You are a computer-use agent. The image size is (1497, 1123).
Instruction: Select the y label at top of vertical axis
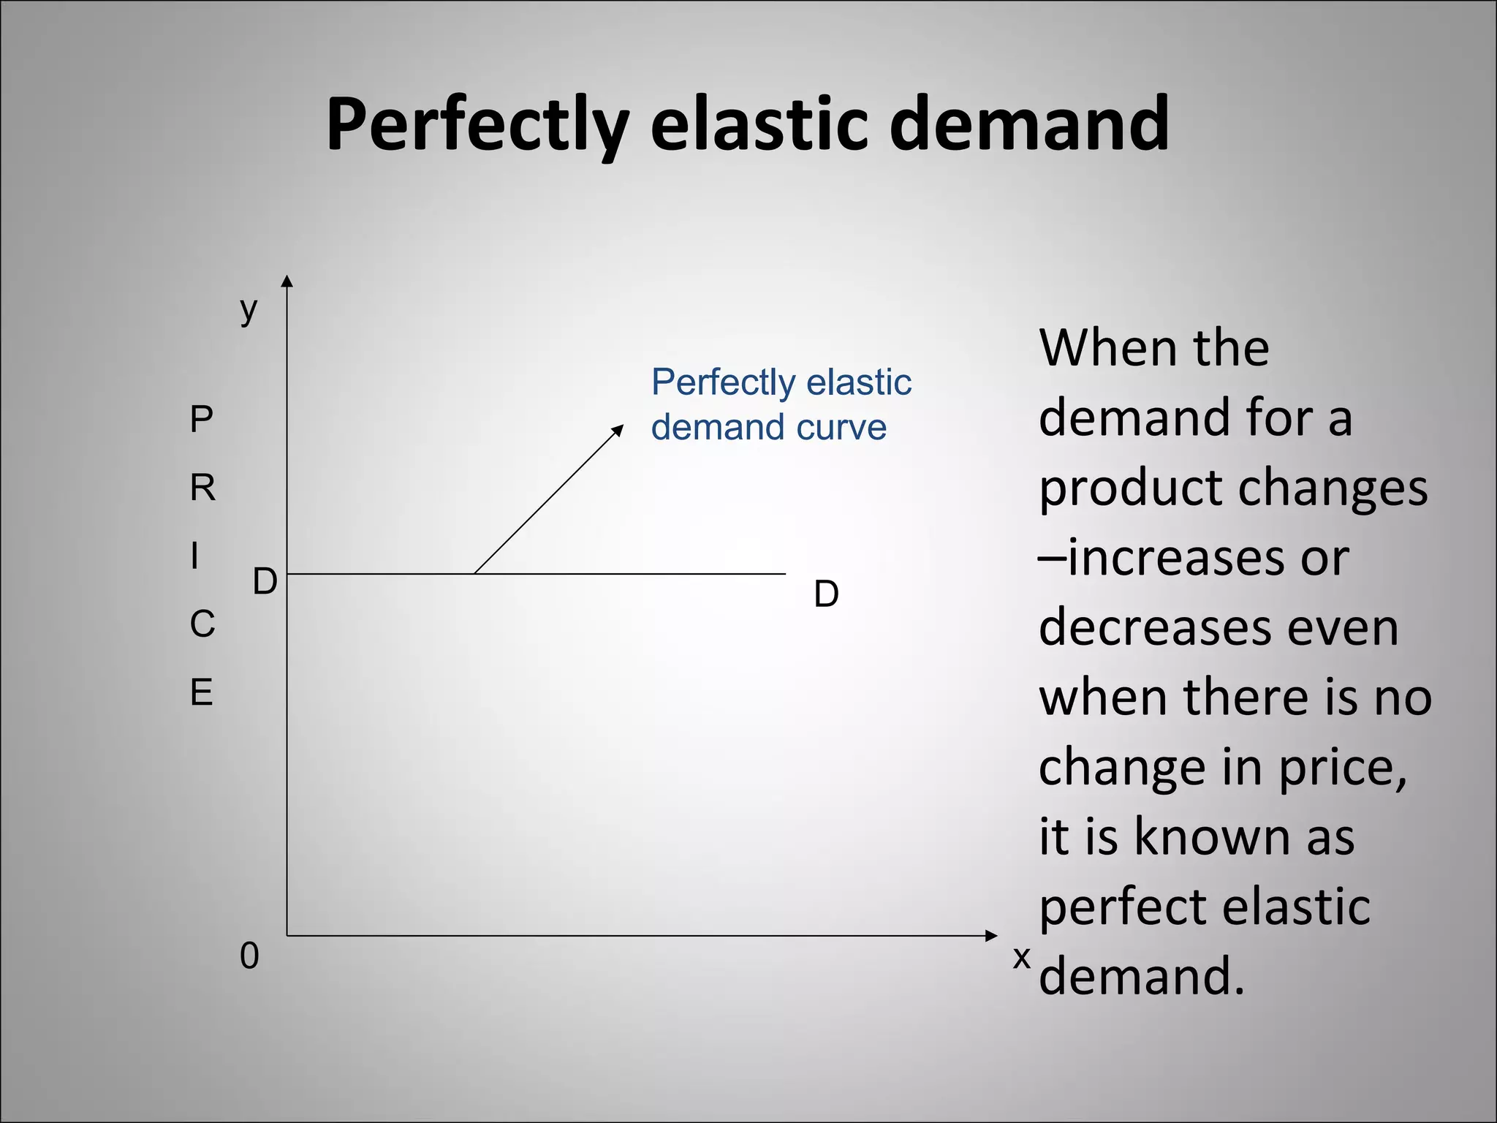tap(249, 310)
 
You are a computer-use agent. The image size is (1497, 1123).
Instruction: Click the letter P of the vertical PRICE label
tap(201, 420)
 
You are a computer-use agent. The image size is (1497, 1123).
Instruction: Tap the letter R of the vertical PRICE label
tap(202, 488)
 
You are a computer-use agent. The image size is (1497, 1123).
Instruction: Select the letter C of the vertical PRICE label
tap(202, 624)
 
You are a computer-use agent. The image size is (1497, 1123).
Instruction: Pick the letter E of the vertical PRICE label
tap(202, 692)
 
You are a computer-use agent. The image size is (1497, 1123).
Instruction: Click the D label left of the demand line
tap(265, 583)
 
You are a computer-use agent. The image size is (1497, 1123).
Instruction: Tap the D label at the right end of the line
tap(826, 594)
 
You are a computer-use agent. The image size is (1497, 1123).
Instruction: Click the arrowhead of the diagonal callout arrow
tap(618, 429)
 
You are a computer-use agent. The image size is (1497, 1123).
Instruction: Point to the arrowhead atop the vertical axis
tap(287, 281)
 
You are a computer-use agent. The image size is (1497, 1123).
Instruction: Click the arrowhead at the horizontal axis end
tap(991, 936)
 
